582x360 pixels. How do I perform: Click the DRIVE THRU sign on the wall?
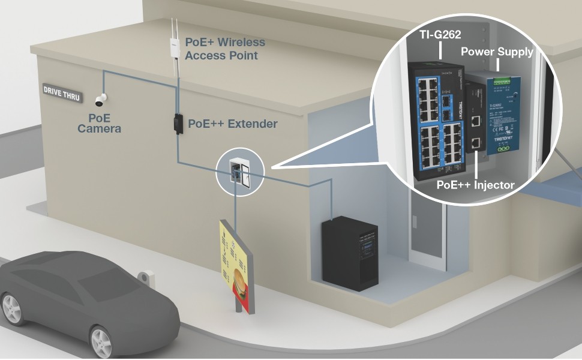click(62, 91)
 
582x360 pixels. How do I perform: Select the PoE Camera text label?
click(99, 123)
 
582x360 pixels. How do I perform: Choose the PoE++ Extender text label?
click(233, 124)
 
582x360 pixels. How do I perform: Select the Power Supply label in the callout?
click(497, 52)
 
